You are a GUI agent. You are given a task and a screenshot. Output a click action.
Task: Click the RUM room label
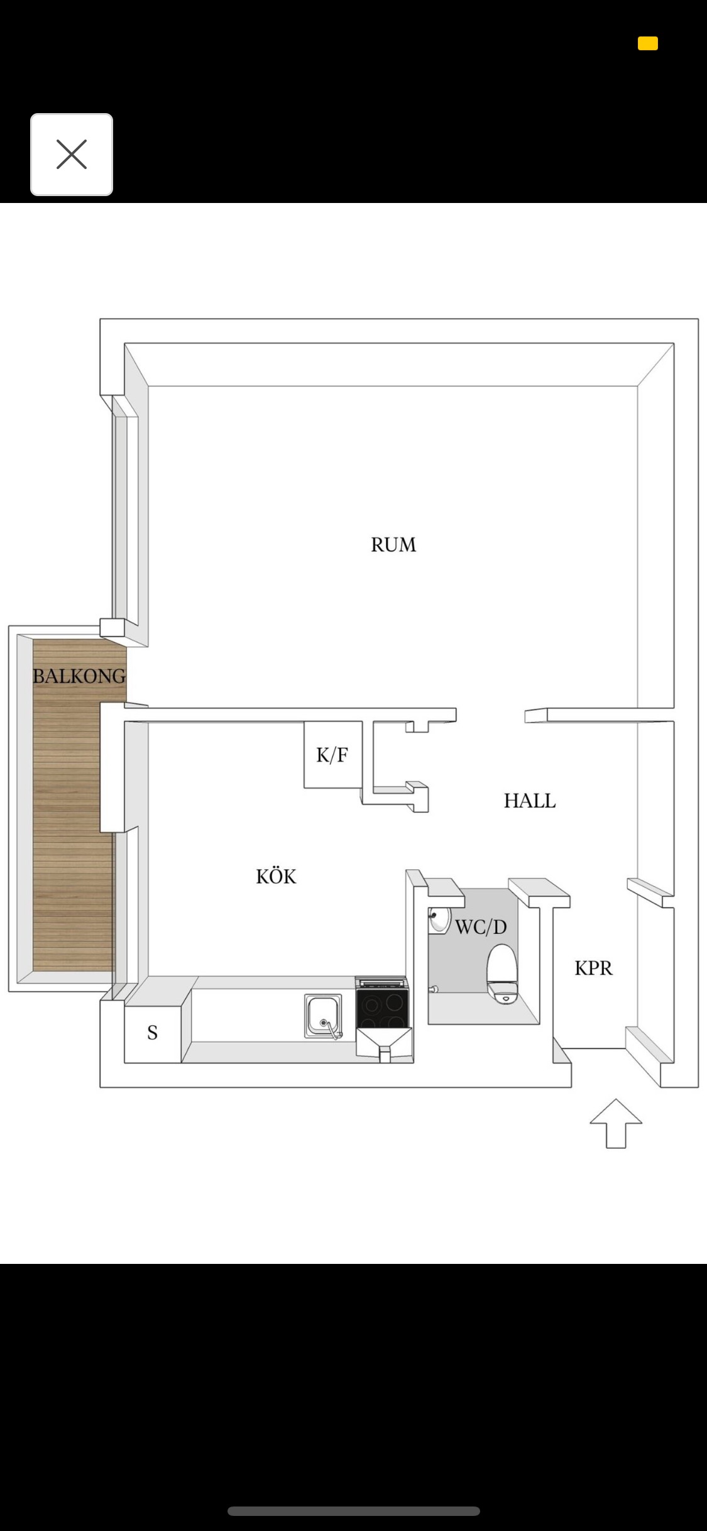(x=393, y=544)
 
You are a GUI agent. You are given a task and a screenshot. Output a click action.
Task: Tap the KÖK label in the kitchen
(x=276, y=875)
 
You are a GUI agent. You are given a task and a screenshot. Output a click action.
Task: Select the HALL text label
(x=530, y=801)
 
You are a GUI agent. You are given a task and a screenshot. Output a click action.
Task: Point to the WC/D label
(x=481, y=927)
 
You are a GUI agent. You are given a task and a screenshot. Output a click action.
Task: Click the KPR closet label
(x=593, y=968)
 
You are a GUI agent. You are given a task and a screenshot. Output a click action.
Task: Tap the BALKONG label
(x=79, y=676)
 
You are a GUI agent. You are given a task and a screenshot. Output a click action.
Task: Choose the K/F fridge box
(x=333, y=754)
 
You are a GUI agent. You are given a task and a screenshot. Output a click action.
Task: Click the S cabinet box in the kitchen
(x=153, y=1033)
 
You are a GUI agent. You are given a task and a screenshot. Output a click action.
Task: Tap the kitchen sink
(x=324, y=1016)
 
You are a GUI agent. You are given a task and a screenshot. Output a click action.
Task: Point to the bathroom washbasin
(x=439, y=920)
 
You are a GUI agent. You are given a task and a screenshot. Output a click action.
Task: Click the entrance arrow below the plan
(x=616, y=1124)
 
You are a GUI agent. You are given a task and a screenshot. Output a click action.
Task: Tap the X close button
(x=72, y=155)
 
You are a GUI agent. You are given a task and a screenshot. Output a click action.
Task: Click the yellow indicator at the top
(x=648, y=43)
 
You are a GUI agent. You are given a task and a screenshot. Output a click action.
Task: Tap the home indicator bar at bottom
(x=354, y=1511)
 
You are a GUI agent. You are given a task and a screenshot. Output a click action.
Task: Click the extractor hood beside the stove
(x=384, y=1043)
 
